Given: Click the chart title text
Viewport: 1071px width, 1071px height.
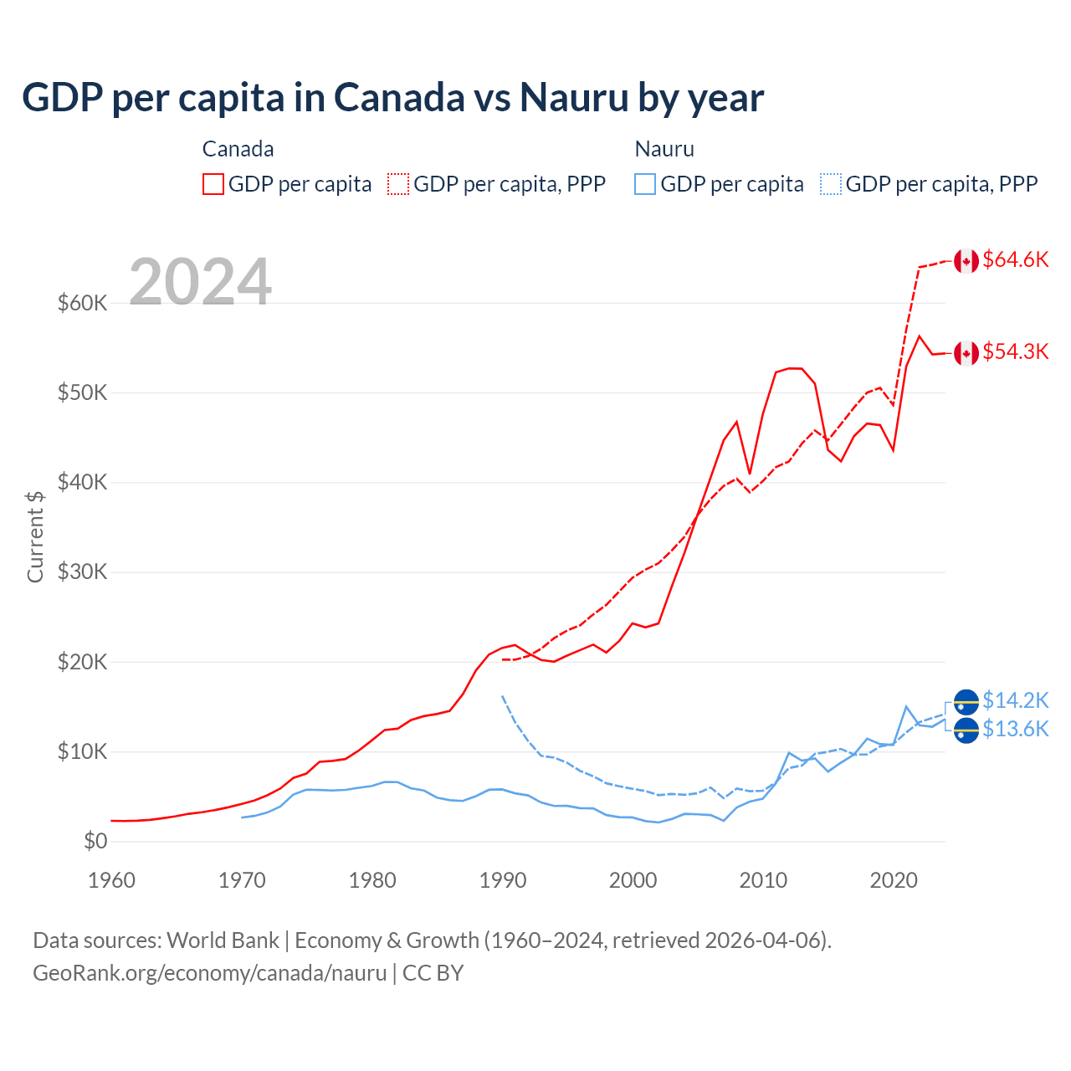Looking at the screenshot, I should click(392, 98).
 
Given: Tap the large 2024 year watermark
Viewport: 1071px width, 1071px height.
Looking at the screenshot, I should click(201, 282).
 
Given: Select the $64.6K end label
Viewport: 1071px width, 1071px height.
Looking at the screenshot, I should click(1015, 260).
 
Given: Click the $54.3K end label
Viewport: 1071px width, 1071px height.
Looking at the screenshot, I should click(1015, 352).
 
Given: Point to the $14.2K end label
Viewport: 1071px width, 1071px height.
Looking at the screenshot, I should click(1015, 700).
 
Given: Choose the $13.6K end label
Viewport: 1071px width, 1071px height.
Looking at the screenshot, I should click(1015, 730).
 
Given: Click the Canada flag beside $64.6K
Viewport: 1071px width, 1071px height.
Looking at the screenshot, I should click(966, 261).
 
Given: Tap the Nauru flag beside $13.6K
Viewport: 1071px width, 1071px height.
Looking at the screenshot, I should click(966, 730).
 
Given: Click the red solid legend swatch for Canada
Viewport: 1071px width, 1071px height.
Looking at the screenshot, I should click(213, 184).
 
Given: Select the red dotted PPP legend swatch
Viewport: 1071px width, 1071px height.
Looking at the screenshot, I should click(398, 184).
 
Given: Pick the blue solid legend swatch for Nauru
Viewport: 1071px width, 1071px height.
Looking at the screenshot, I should click(645, 184).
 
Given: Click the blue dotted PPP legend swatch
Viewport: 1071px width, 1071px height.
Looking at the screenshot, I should click(831, 184).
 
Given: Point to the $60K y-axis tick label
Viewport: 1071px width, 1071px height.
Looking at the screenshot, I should click(83, 303).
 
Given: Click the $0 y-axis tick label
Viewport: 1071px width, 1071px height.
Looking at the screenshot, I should click(95, 841).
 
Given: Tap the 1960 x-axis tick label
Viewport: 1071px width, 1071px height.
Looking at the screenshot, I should click(111, 880).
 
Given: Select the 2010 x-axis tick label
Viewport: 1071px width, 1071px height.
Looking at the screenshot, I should click(763, 880).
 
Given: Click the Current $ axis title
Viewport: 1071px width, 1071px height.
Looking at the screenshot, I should click(35, 536).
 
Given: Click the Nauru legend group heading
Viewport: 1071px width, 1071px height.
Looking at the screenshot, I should click(664, 149).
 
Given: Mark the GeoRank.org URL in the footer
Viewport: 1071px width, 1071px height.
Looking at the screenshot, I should click(209, 973).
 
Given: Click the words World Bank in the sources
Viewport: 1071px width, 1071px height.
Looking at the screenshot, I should click(223, 940).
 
